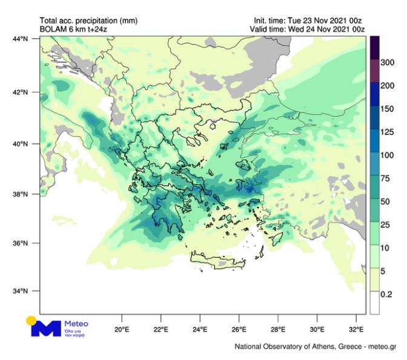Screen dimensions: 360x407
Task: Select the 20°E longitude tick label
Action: [x=122, y=330]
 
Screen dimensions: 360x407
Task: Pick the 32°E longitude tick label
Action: [x=357, y=330]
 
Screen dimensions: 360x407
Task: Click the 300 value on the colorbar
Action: [x=387, y=63]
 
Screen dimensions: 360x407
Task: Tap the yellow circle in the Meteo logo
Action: [x=31, y=320]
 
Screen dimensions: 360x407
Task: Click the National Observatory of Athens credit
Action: [x=315, y=347]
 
